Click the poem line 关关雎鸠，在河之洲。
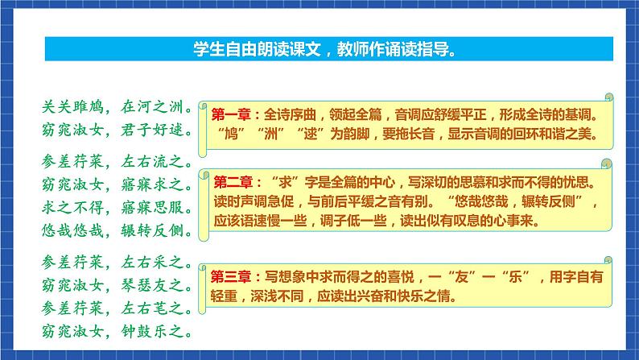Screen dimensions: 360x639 (115, 106)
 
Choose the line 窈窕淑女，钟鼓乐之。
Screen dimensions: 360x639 (115, 330)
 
